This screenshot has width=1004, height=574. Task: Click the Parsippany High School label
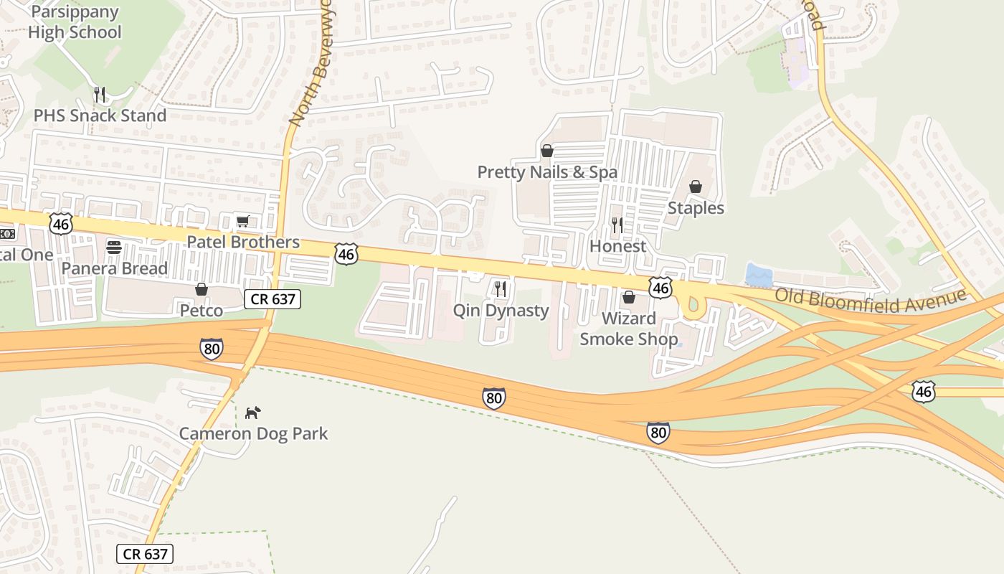point(75,22)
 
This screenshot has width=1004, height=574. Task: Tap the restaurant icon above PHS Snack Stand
point(100,94)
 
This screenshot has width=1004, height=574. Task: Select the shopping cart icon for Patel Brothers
point(243,221)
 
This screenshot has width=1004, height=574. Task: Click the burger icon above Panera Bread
point(114,248)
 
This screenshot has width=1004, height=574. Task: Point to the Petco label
point(202,311)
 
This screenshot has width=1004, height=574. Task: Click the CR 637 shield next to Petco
point(272,299)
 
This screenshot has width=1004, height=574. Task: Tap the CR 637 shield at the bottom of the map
point(145,553)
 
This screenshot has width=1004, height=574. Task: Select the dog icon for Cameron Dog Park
point(252,413)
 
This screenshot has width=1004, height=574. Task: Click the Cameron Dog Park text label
point(253,433)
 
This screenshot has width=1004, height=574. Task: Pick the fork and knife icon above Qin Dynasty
point(501,289)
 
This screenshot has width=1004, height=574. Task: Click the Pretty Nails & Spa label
point(547,172)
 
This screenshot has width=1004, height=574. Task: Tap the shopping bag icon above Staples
point(696,187)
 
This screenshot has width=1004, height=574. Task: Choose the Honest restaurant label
point(617,246)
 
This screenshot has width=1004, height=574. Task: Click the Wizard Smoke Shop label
point(628,329)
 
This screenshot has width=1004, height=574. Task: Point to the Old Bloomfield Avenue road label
point(870,297)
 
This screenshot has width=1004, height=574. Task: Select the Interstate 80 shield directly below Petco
point(211,349)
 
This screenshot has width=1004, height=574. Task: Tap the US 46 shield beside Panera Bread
point(61,223)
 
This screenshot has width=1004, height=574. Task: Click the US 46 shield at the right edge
point(924,391)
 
